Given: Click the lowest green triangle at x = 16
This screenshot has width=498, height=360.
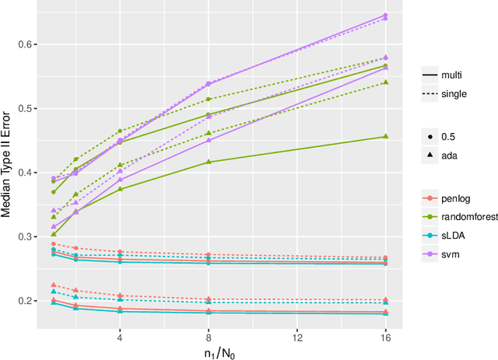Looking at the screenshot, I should click(x=385, y=137).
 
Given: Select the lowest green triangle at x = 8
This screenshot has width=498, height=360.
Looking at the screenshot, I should click(x=209, y=162).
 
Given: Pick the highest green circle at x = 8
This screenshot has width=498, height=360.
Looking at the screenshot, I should click(x=209, y=100).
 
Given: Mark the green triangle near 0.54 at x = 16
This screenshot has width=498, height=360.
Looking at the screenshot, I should click(x=385, y=82).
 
